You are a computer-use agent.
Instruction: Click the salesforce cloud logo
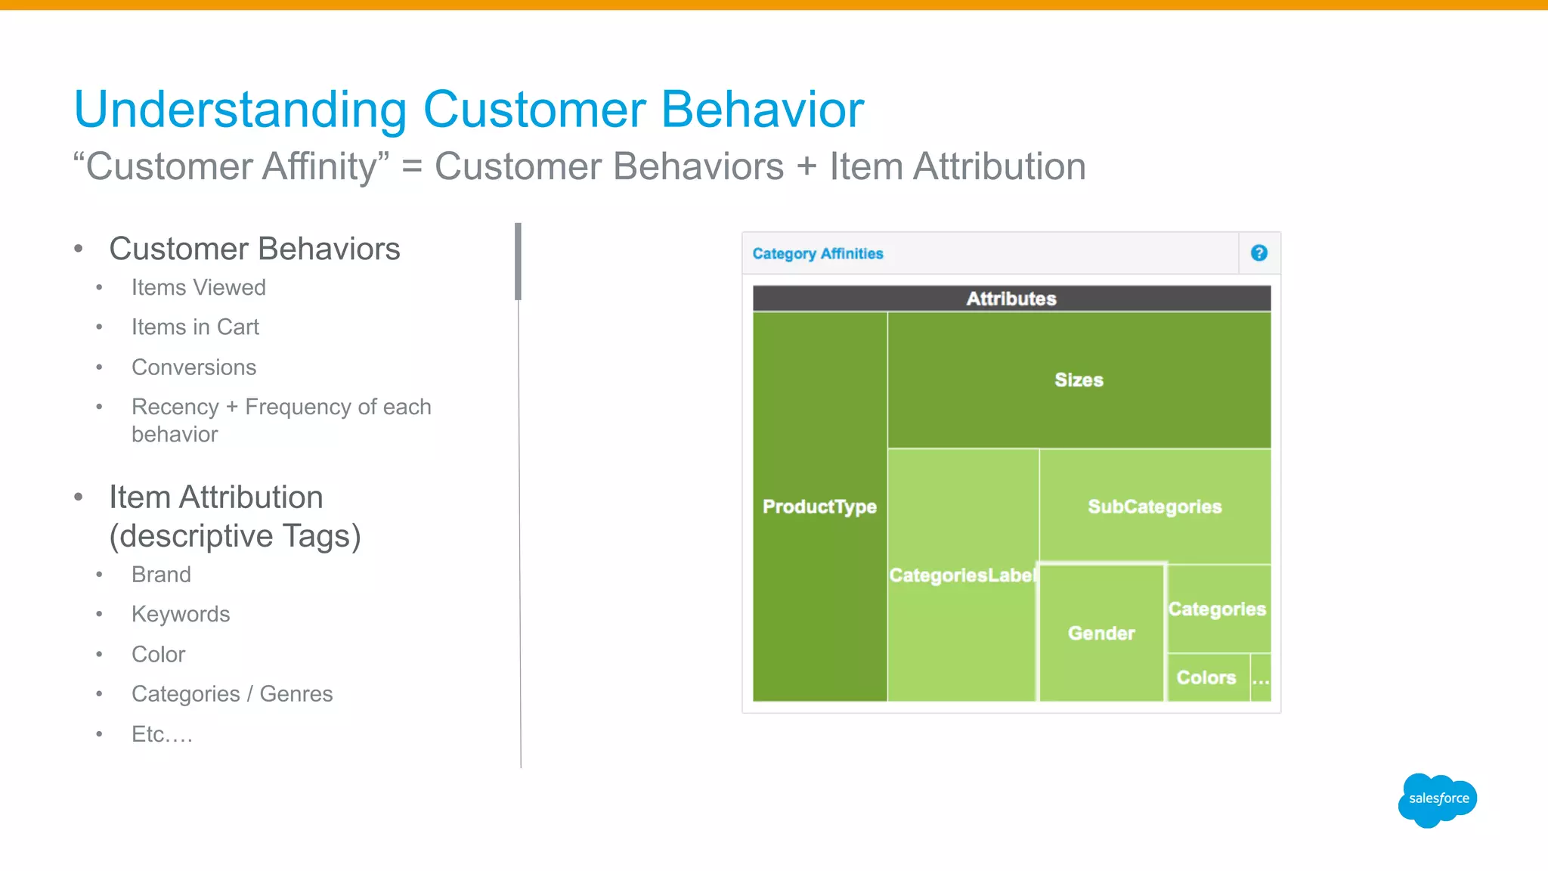pos(1437,799)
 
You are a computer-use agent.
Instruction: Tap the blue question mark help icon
pos(1259,253)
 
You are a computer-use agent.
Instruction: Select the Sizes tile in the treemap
pos(1079,380)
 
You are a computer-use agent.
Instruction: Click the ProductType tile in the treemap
pos(819,507)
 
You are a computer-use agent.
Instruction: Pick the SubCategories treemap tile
pos(1154,507)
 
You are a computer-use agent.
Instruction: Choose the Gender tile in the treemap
pos(1101,634)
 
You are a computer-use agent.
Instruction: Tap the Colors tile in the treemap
pos(1206,677)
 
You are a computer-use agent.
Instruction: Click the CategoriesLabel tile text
pos(961,575)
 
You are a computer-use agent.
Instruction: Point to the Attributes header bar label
pos(1011,299)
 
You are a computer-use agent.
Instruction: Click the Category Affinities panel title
pos(817,254)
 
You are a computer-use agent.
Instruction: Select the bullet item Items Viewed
pos(198,287)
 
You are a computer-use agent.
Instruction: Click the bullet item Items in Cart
pos(195,327)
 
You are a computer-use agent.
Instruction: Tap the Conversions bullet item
pos(193,367)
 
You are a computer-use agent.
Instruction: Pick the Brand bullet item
pos(161,575)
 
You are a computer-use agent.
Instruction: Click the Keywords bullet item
pos(181,614)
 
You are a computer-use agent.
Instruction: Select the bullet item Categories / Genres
pos(232,694)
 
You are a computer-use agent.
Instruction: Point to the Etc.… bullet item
pos(162,734)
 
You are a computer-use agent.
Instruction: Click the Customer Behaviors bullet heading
pos(255,249)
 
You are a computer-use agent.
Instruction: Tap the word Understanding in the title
pos(240,110)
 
